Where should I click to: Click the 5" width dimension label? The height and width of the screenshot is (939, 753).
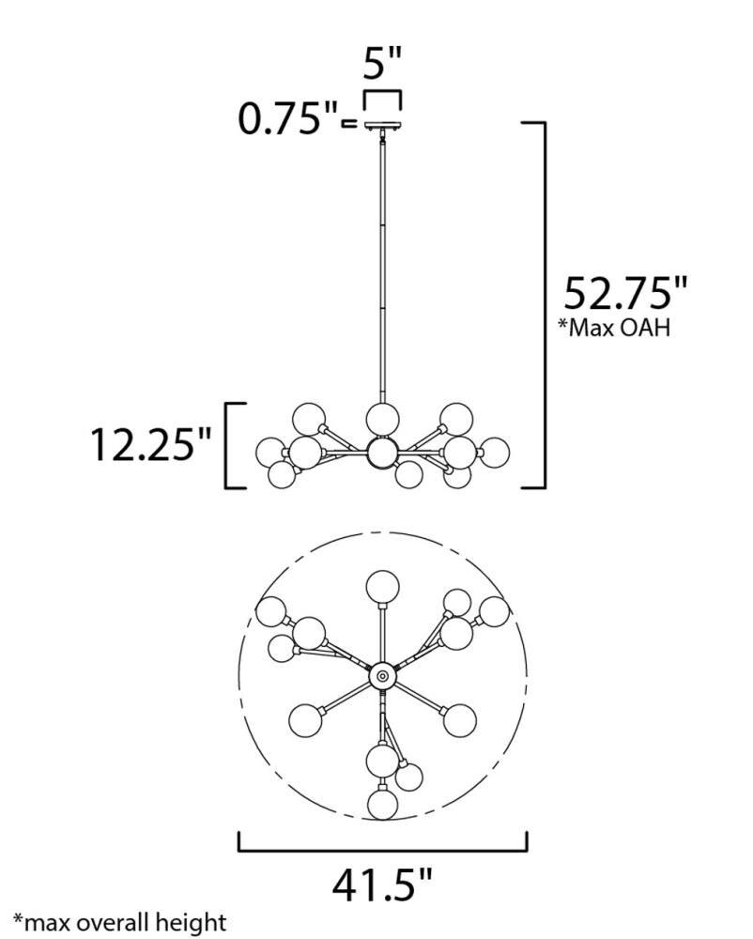click(382, 65)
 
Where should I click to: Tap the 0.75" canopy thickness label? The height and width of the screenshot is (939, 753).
click(290, 119)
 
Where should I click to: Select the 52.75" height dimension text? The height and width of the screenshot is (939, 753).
click(625, 293)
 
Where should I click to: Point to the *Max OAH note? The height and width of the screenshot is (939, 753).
click(615, 329)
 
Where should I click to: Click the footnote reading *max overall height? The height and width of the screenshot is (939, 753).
click(119, 921)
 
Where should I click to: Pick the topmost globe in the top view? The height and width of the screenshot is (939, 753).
click(382, 587)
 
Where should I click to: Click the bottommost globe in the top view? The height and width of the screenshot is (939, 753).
click(382, 804)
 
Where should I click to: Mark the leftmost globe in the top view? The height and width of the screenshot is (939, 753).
click(272, 611)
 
